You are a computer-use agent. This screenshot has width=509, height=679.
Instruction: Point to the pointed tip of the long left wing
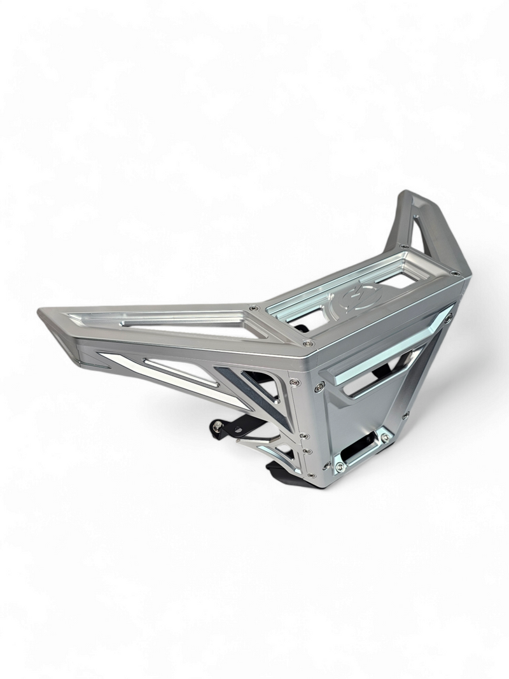tap(42, 312)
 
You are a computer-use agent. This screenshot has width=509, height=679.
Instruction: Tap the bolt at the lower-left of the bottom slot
tap(340, 466)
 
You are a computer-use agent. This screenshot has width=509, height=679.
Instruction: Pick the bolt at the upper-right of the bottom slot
tap(384, 437)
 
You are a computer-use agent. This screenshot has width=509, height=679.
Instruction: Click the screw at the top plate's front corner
tap(309, 343)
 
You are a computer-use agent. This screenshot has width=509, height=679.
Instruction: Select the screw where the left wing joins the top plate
tap(254, 308)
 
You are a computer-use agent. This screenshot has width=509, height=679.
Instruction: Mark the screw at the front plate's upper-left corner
tap(319, 386)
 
